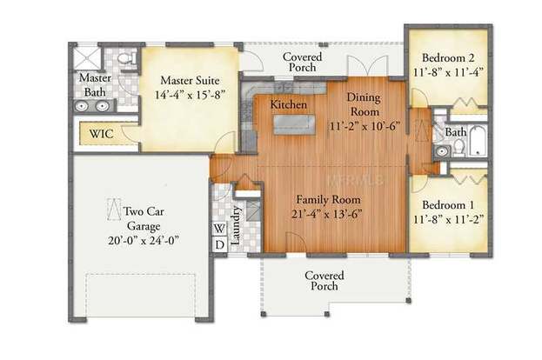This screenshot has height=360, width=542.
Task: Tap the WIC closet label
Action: coord(97,136)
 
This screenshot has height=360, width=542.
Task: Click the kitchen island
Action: coord(296,124)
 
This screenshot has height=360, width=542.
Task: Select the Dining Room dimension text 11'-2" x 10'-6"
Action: coord(365,126)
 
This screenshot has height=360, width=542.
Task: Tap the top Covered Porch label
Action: coord(303,63)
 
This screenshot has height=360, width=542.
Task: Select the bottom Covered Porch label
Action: coord(324,281)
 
